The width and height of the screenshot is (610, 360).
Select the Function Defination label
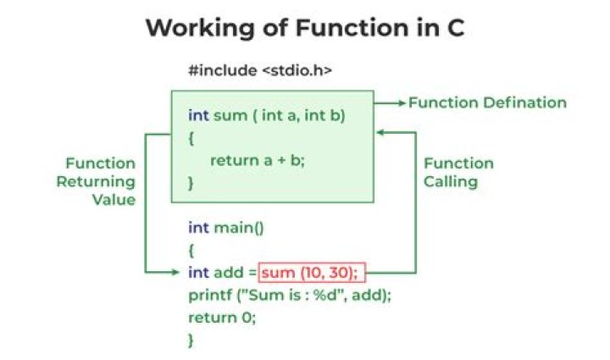(487, 102)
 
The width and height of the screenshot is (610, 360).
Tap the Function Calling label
(458, 172)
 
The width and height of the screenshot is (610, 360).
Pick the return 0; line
(221, 318)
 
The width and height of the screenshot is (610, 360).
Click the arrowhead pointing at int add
(179, 273)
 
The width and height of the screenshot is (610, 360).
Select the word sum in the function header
(225, 114)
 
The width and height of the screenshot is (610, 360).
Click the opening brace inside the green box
(191, 136)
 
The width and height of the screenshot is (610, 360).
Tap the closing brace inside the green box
(191, 181)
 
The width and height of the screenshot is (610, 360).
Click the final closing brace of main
(191, 340)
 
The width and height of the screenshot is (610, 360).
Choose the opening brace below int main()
(191, 250)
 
